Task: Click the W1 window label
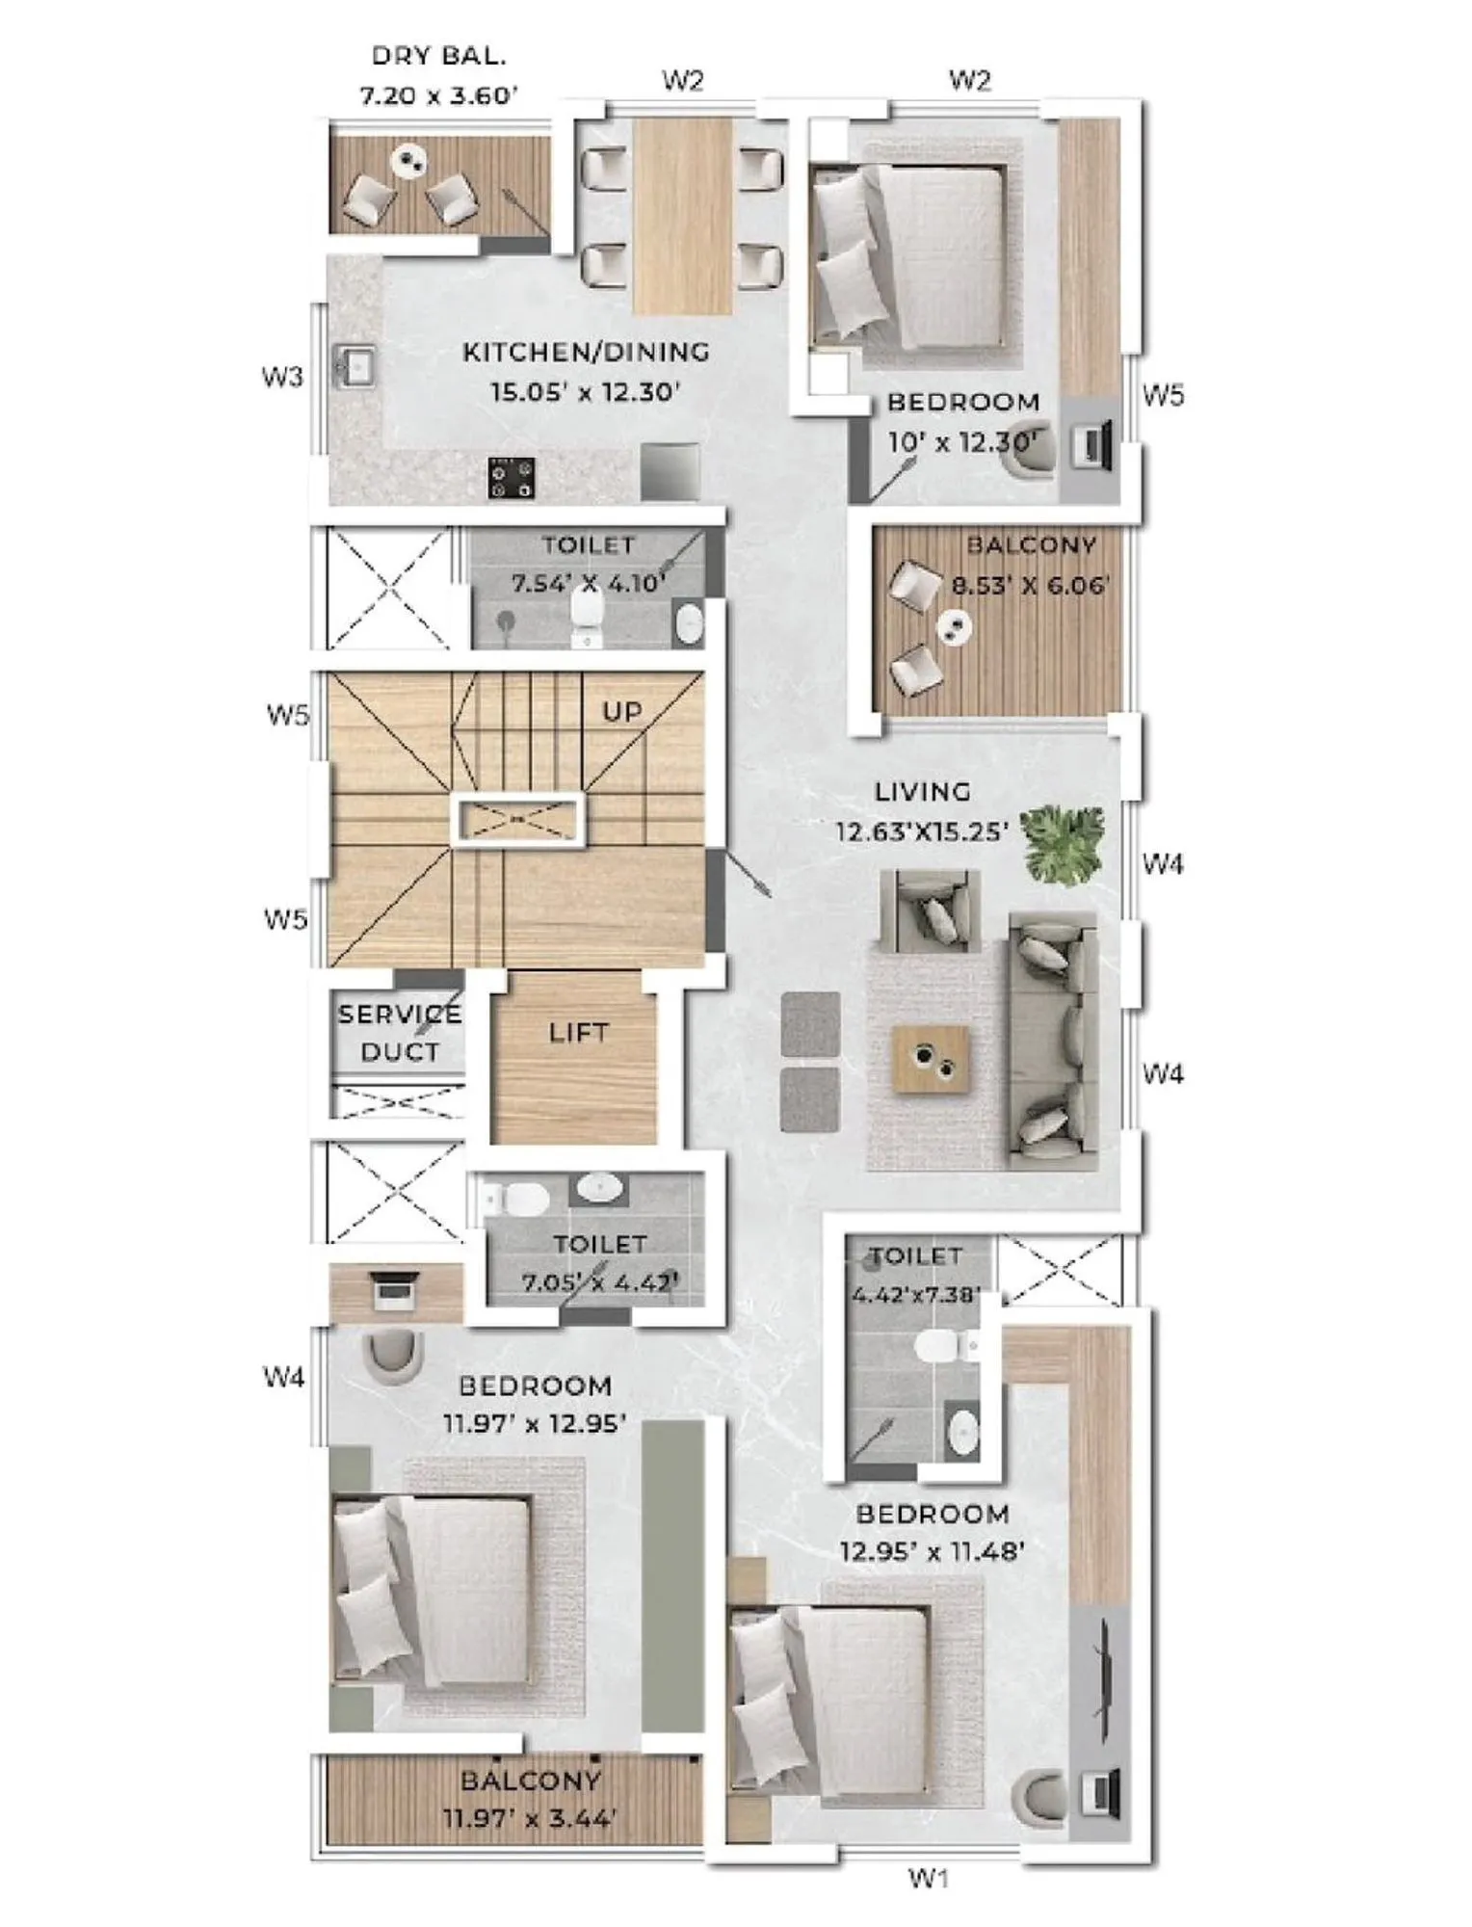pos(929,1877)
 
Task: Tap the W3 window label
pos(282,377)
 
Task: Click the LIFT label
pos(578,1033)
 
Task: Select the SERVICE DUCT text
pos(400,1033)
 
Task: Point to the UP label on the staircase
pos(621,712)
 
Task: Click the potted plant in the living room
pos(1062,841)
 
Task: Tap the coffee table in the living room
pos(930,1059)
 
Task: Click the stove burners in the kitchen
pos(512,478)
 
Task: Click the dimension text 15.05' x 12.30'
pos(585,392)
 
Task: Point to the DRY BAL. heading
pos(438,56)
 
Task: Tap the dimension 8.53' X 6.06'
pos(1030,585)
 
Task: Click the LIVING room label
pos(922,792)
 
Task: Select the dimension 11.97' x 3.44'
pos(529,1819)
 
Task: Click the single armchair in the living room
pos(930,911)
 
